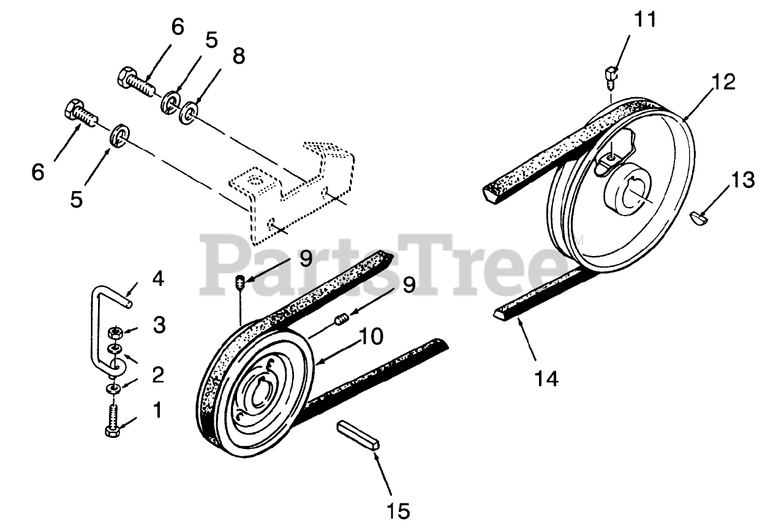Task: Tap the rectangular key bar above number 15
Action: (359, 434)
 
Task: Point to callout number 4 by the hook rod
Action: (158, 280)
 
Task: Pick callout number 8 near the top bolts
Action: (238, 56)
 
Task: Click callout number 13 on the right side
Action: (742, 181)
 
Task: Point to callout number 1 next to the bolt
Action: (157, 410)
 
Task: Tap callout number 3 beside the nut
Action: (159, 325)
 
